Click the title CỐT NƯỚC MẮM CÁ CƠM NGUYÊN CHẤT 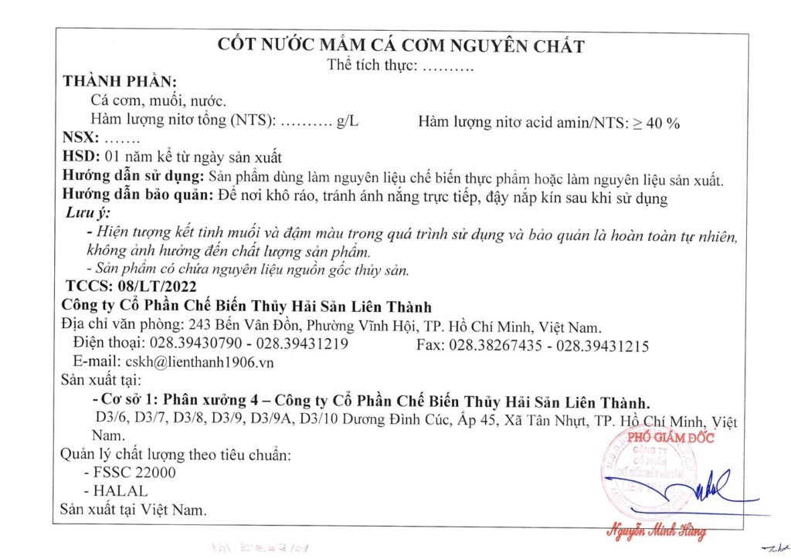coord(401,46)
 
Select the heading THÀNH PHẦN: coord(120,82)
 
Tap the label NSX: coord(80,139)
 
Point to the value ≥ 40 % coord(657,122)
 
